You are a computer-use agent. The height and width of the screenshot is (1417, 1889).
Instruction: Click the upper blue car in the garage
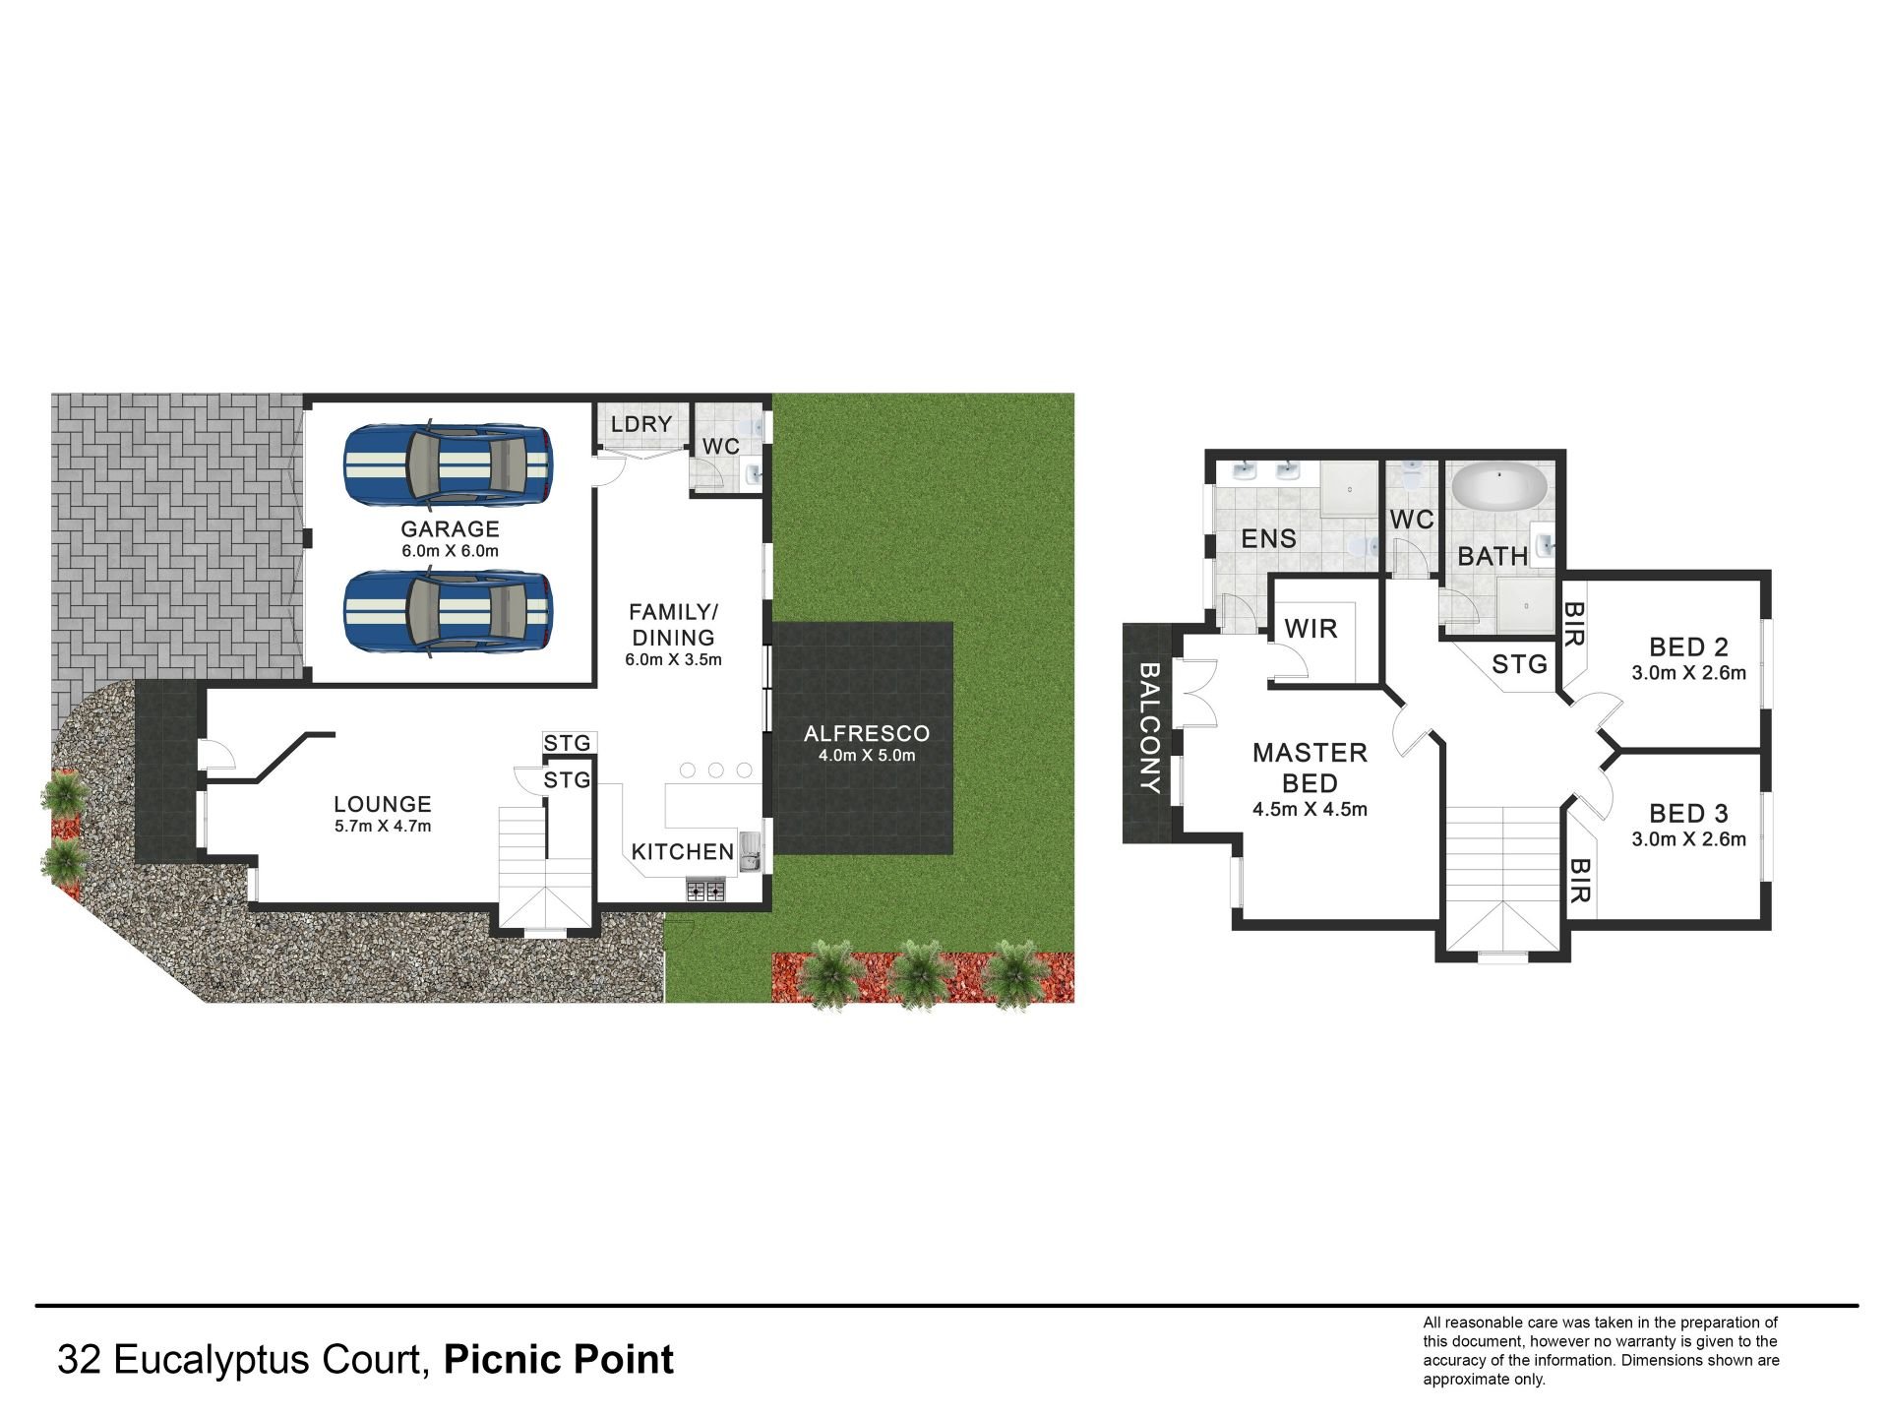click(449, 463)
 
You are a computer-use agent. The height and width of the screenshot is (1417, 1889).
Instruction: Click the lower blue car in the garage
click(449, 612)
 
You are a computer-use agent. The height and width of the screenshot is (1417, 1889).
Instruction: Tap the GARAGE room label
click(450, 529)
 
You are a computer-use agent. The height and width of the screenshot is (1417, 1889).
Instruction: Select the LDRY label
click(641, 424)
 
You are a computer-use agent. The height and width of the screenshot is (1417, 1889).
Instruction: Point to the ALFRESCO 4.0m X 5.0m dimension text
click(867, 756)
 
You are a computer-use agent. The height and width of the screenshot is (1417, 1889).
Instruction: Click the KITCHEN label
click(683, 852)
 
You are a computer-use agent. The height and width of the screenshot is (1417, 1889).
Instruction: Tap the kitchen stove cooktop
click(705, 892)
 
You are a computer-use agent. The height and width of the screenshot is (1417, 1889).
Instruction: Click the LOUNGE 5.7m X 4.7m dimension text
click(383, 827)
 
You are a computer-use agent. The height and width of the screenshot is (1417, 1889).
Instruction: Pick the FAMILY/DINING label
click(674, 624)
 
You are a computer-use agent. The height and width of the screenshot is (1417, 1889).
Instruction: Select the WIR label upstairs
click(1311, 629)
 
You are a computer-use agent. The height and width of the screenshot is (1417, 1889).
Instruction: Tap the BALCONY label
click(1149, 728)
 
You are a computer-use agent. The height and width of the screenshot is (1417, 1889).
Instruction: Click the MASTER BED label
click(1310, 769)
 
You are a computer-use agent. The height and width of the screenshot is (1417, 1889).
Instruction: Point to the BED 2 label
click(1689, 647)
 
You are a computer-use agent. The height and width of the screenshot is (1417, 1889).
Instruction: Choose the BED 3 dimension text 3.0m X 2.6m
click(1689, 839)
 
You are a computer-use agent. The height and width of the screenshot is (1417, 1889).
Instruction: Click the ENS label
click(1269, 538)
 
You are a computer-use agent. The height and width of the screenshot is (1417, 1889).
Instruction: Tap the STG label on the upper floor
click(1520, 664)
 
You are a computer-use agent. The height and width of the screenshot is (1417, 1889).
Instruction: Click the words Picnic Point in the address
click(559, 1360)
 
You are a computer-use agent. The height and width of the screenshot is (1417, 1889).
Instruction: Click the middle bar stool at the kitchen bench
click(716, 770)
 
